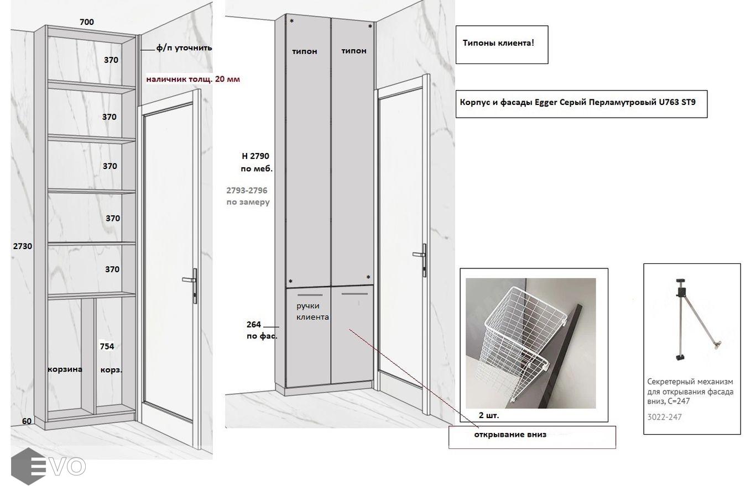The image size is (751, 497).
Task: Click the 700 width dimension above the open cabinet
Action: pyautogui.click(x=86, y=22)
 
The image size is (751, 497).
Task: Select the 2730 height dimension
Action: pyautogui.click(x=23, y=246)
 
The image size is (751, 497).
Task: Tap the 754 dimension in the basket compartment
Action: pyautogui.click(x=107, y=346)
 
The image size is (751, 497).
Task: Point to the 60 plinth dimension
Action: pyautogui.click(x=27, y=421)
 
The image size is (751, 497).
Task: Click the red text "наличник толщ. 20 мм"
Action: pyautogui.click(x=193, y=80)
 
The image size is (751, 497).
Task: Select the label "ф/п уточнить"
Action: pyautogui.click(x=184, y=48)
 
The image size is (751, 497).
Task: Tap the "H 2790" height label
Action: pyautogui.click(x=255, y=156)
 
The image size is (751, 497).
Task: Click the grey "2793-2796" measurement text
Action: pyautogui.click(x=247, y=191)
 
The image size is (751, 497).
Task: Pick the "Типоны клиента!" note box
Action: pyautogui.click(x=502, y=45)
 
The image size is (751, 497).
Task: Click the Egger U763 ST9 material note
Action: pyautogui.click(x=581, y=104)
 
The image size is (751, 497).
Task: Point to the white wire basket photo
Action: pyautogui.click(x=530, y=343)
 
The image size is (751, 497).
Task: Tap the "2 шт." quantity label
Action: pyautogui.click(x=489, y=415)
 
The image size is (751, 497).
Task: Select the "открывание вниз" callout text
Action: pyautogui.click(x=510, y=435)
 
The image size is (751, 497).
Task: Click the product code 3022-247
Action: pyautogui.click(x=665, y=417)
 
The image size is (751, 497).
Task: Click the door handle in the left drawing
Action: pyautogui.click(x=191, y=285)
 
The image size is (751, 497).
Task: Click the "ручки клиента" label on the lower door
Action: pyautogui.click(x=312, y=311)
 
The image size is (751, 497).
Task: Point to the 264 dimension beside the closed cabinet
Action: pyautogui.click(x=253, y=324)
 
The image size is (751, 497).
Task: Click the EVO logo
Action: pyautogui.click(x=48, y=466)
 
